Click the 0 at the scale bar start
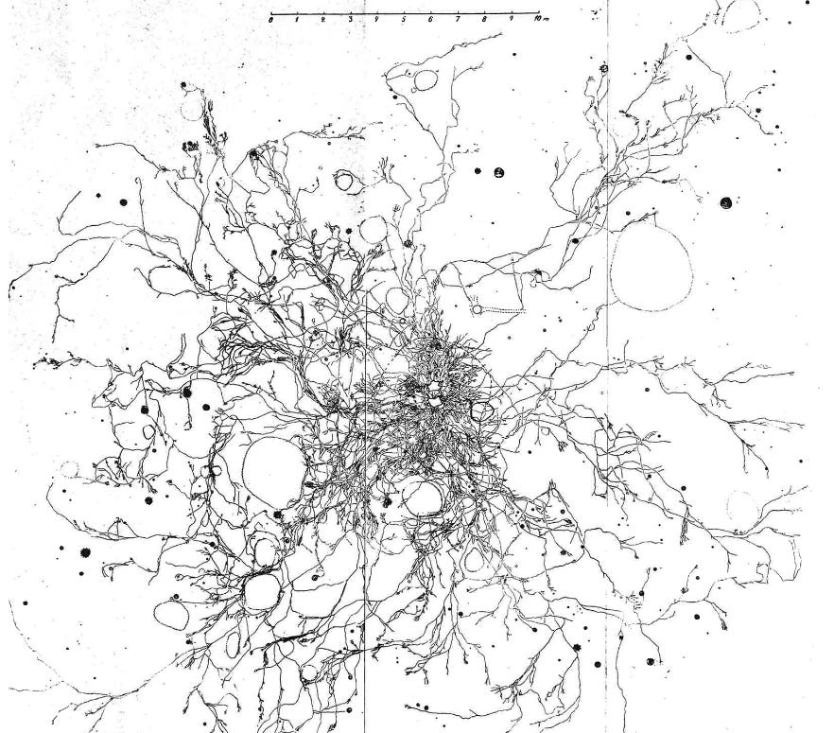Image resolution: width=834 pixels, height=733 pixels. (271, 20)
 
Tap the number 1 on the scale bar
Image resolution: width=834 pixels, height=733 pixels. (298, 20)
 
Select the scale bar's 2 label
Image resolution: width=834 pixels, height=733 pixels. (324, 20)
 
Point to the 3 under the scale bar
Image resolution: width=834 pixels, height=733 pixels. (351, 20)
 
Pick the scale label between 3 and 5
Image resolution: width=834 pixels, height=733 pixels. (377, 20)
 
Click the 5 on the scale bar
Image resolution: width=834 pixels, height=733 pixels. (404, 20)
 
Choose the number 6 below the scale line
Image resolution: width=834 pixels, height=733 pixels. (430, 20)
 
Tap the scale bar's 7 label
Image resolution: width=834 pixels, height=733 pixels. (457, 20)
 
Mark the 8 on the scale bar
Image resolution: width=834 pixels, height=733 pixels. (484, 20)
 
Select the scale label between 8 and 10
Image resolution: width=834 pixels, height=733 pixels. (511, 20)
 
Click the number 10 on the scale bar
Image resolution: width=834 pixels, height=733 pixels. (534, 20)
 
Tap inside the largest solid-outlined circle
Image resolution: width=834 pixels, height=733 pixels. (274, 470)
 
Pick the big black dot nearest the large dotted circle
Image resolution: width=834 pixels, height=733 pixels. (725, 202)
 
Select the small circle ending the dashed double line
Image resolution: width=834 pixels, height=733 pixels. (478, 308)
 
